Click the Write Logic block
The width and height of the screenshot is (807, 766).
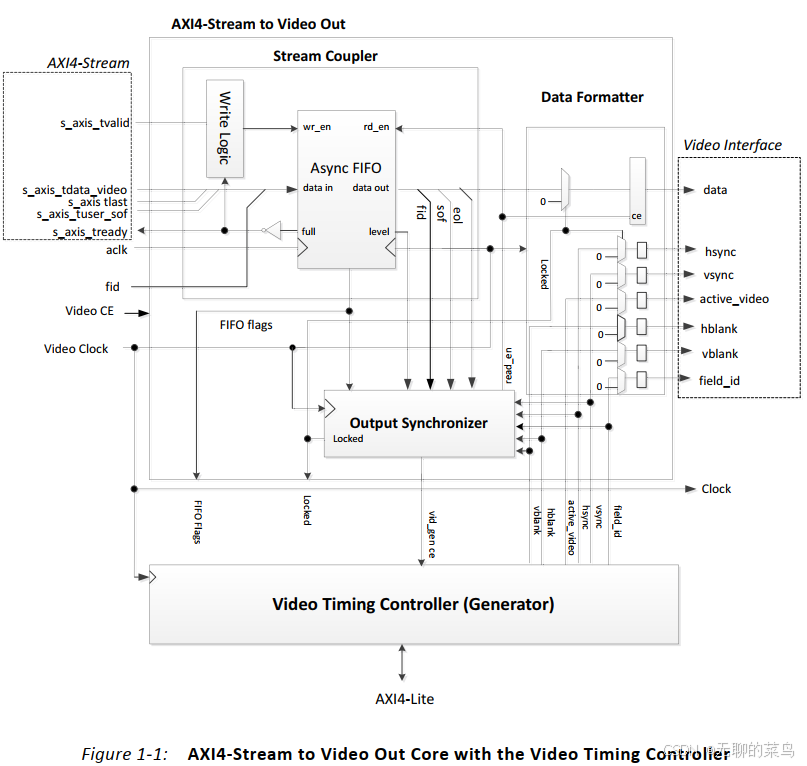(x=225, y=128)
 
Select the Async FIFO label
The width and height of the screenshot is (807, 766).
(x=345, y=168)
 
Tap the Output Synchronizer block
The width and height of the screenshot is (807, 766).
(x=418, y=423)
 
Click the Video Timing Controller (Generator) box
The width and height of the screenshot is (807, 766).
(x=413, y=604)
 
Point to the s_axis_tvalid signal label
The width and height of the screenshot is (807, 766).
(x=95, y=123)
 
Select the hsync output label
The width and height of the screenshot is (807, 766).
(x=719, y=251)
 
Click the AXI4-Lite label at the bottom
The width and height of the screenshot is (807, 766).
(x=404, y=699)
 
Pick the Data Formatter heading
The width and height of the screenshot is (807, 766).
(x=592, y=97)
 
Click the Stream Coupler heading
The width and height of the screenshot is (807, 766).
(x=325, y=56)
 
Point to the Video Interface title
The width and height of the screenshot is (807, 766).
(x=732, y=145)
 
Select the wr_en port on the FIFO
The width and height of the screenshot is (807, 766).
(x=317, y=127)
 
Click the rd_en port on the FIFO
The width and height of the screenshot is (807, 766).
(x=376, y=127)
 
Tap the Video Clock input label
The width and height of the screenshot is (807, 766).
(x=76, y=349)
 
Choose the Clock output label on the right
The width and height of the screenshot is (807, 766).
(x=716, y=489)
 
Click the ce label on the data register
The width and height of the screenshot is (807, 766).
(x=636, y=216)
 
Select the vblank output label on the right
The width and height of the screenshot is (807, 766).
(x=720, y=354)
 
